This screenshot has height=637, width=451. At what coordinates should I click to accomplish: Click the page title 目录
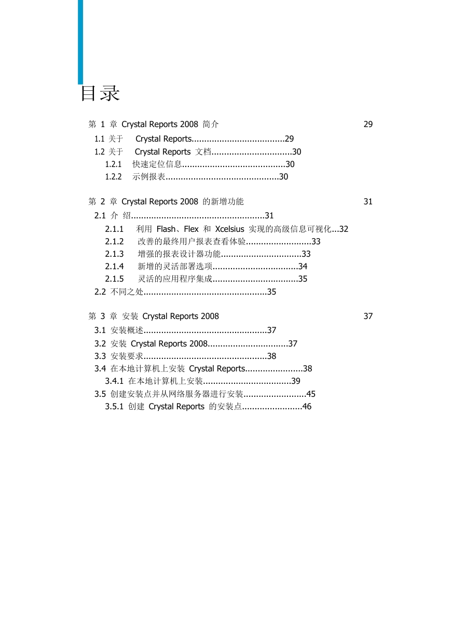click(x=100, y=93)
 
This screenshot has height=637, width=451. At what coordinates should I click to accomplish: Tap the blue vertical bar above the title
click(x=80, y=42)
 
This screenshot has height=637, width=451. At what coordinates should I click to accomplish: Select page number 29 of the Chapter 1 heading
click(x=368, y=124)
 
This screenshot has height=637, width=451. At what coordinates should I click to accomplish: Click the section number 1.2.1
click(x=113, y=164)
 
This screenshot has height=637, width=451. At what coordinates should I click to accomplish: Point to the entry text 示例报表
click(x=148, y=176)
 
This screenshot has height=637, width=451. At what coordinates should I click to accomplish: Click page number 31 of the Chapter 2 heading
click(x=368, y=202)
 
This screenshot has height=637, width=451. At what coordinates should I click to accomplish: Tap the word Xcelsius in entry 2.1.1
click(x=229, y=229)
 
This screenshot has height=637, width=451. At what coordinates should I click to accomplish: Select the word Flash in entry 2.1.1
click(x=166, y=229)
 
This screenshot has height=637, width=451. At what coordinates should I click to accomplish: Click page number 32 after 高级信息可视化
click(x=344, y=229)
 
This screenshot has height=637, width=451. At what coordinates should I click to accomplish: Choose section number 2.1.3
click(x=114, y=254)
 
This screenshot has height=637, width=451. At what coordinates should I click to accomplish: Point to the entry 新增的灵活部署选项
click(x=175, y=266)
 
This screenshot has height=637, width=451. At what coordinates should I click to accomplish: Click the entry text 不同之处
click(x=127, y=292)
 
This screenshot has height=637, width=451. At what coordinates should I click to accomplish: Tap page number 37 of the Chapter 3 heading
click(x=368, y=316)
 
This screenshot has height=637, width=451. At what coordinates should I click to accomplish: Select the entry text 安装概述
click(x=127, y=330)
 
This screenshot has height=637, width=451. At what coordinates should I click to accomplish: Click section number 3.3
click(x=100, y=356)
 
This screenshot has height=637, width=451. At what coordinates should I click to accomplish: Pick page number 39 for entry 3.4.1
click(x=296, y=381)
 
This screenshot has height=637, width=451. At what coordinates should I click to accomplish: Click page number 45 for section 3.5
click(x=311, y=394)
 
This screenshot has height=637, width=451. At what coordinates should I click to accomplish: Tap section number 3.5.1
click(x=114, y=407)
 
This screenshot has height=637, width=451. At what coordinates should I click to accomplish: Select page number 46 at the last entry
click(x=307, y=407)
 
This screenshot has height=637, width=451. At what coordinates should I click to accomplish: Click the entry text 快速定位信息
click(x=157, y=164)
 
